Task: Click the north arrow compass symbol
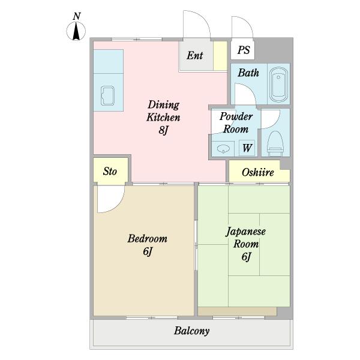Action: point(76,31)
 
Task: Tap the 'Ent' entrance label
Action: point(194,56)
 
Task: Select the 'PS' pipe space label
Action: point(244,50)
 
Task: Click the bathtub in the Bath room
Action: point(278,84)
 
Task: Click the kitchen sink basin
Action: point(107,96)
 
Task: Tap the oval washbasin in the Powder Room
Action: point(223,149)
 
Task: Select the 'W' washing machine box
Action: point(247,148)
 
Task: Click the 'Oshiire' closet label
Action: point(257,172)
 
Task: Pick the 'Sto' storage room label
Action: point(110,171)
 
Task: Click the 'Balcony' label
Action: point(192,331)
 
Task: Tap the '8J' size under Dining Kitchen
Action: point(163,130)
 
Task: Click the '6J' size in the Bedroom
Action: point(148,251)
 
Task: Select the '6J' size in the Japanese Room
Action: point(246,256)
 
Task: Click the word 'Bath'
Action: point(248,73)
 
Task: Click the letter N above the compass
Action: point(77,16)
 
